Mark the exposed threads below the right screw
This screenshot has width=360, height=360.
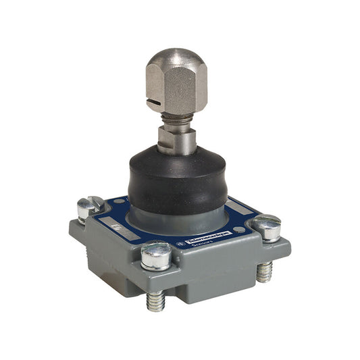coord(264,271)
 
